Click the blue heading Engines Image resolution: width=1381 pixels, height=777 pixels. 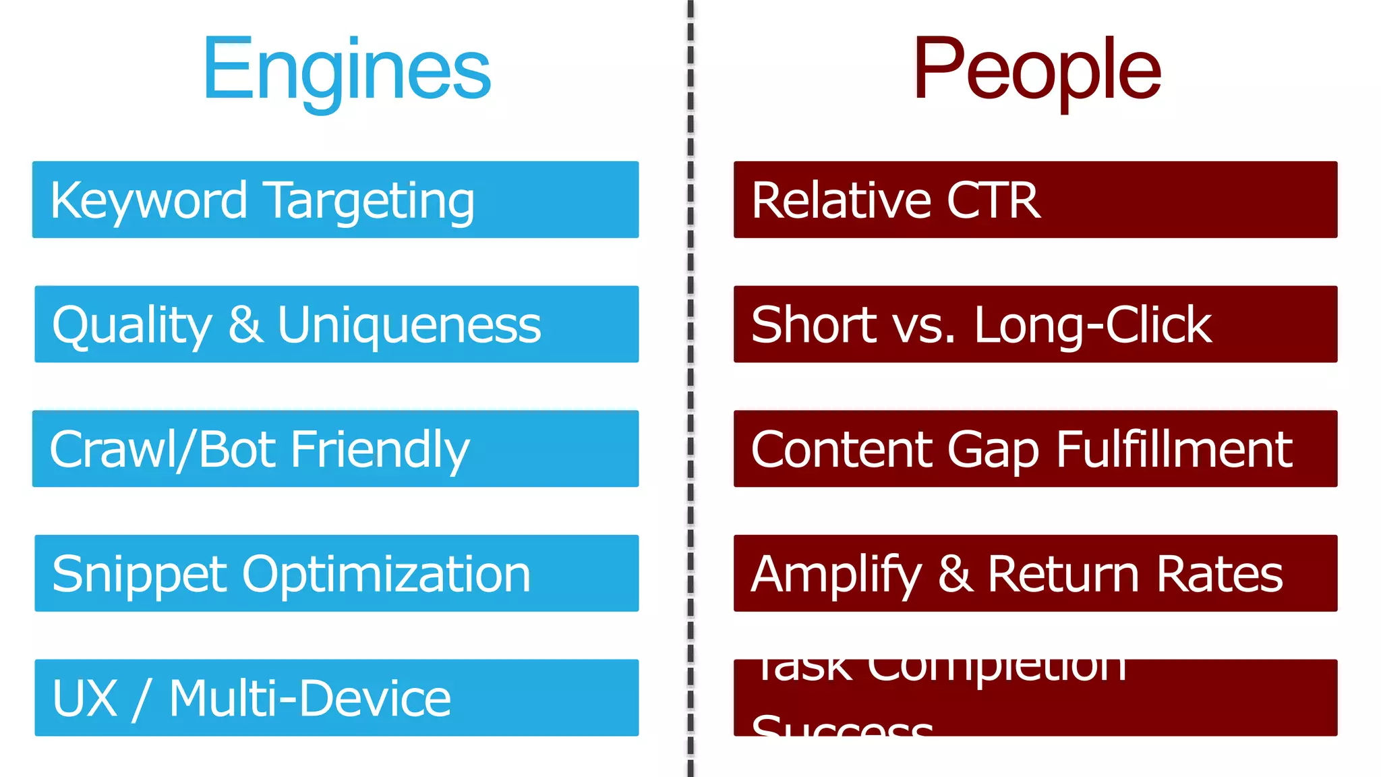tap(347, 70)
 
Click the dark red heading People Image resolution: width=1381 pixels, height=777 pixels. tap(1036, 70)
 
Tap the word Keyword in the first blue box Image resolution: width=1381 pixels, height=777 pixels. tap(149, 200)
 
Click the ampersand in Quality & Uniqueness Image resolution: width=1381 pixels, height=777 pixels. tap(245, 324)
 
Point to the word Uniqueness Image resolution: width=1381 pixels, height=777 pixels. tap(409, 325)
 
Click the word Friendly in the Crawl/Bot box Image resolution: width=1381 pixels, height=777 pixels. tap(380, 450)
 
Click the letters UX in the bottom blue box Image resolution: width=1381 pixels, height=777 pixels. tap(85, 699)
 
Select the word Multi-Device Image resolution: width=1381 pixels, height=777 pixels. tap(310, 699)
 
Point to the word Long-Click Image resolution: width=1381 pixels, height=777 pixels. tap(1092, 326)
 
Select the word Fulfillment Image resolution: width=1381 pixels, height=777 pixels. tap(1174, 450)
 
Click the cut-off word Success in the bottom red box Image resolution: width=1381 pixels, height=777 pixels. tap(842, 726)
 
